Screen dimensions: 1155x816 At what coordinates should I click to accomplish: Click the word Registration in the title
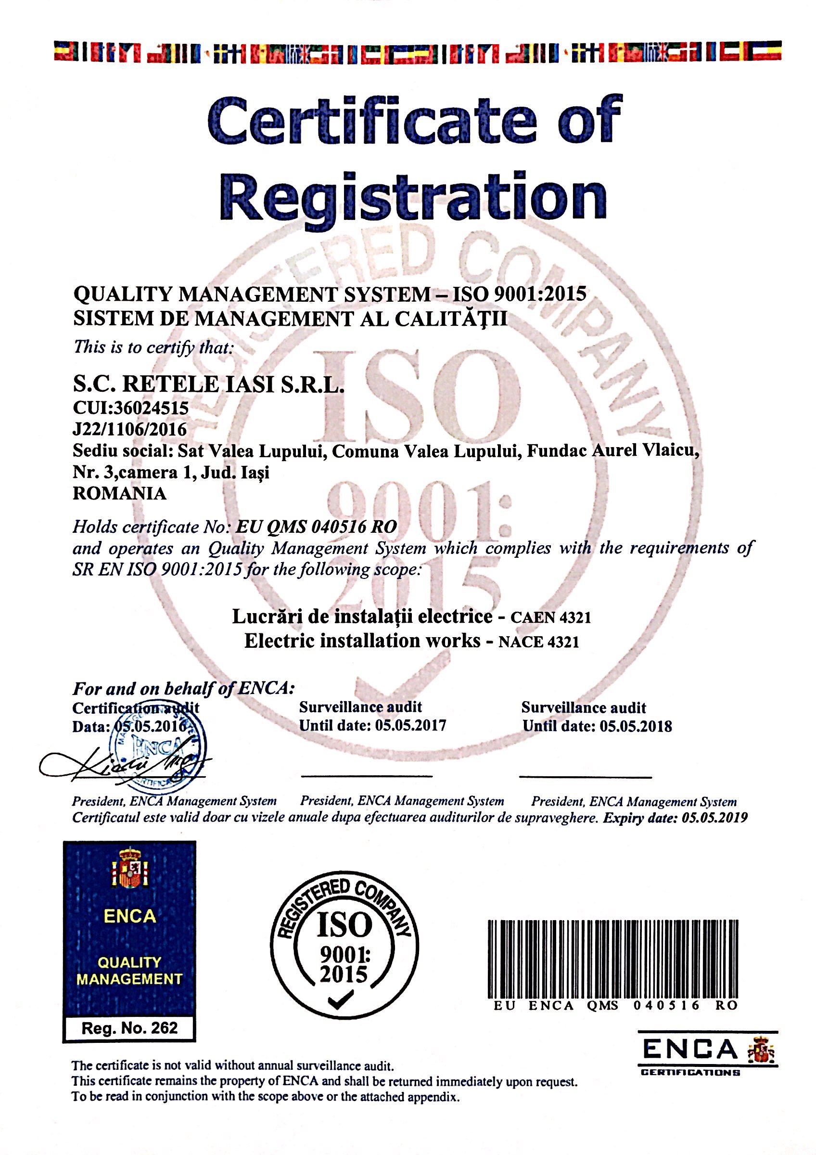click(x=413, y=198)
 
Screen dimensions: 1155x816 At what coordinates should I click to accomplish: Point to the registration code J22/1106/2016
click(x=130, y=429)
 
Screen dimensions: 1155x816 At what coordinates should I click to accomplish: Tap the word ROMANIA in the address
click(x=120, y=493)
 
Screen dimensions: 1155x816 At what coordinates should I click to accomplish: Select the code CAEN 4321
click(x=550, y=618)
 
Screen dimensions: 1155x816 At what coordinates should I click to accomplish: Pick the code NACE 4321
click(x=538, y=642)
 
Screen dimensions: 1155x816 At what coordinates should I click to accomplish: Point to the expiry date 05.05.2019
click(x=714, y=818)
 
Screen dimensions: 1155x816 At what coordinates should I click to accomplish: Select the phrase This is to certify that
click(x=153, y=346)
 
